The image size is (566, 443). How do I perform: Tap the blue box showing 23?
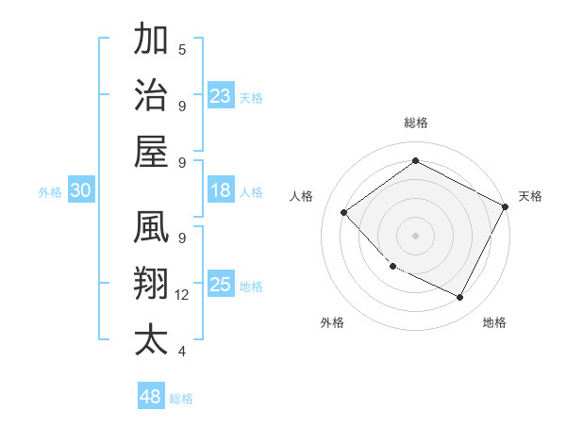(221, 95)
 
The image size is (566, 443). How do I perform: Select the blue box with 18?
(221, 190)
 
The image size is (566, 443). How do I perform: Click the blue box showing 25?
(221, 285)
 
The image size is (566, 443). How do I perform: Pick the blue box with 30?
(80, 190)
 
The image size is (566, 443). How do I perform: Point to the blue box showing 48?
(151, 397)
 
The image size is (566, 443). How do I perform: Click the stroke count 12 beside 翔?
(182, 295)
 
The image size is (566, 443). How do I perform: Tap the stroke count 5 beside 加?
(182, 49)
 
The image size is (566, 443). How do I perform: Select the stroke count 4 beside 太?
(182, 352)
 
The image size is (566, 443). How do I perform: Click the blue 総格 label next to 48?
(181, 399)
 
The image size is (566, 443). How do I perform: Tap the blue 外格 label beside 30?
(50, 192)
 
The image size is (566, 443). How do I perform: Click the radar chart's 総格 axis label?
(415, 123)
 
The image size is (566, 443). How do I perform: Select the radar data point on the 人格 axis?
(344, 212)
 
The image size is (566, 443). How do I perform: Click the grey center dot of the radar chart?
(415, 235)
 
